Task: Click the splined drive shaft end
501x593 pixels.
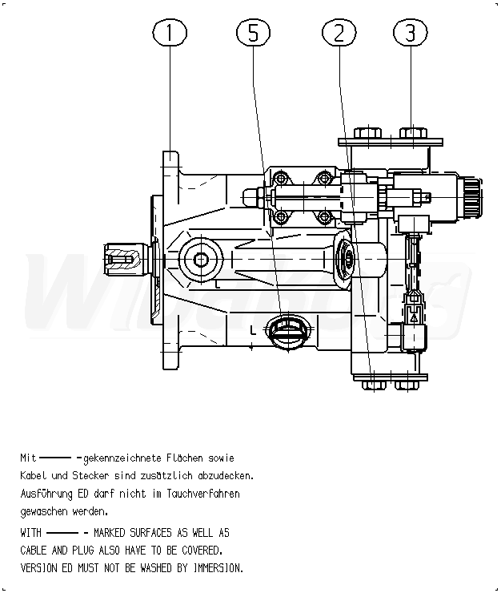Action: pos(121,257)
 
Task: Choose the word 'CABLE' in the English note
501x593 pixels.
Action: pos(37,551)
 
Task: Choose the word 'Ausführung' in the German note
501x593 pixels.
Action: pos(45,494)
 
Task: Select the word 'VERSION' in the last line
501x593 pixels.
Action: pos(41,568)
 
